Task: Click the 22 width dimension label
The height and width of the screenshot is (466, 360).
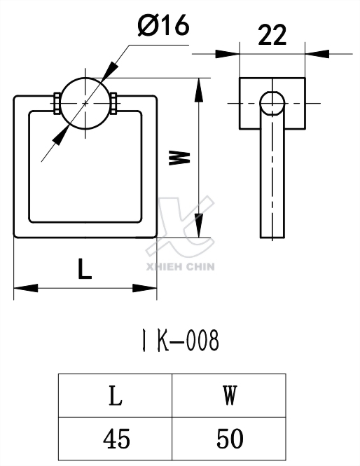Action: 272,35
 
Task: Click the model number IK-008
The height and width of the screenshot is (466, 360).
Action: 176,341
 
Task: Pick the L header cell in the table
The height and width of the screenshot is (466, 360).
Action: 115,396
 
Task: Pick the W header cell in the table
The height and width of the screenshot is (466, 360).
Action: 229,396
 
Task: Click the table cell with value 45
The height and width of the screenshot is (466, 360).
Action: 115,439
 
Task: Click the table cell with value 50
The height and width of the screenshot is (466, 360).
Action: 229,439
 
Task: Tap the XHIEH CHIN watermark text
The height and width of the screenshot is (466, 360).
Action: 181,266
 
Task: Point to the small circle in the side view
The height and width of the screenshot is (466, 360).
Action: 272,103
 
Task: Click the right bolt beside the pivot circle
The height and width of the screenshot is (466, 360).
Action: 113,103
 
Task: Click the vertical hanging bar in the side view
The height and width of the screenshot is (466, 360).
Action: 272,182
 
